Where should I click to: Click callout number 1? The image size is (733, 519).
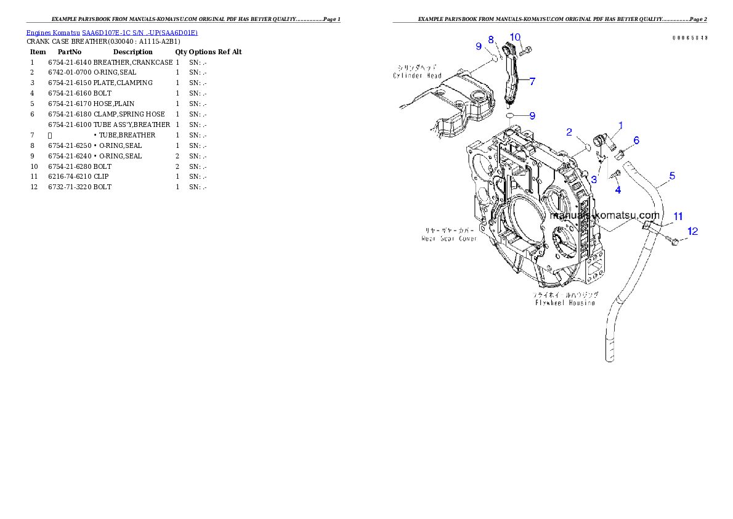(x=620, y=126)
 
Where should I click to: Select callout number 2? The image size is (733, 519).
(x=569, y=132)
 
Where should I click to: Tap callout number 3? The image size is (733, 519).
(x=594, y=180)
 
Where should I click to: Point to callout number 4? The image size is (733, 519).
(x=618, y=190)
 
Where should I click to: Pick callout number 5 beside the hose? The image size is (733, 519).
(x=672, y=176)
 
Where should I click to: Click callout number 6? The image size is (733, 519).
(x=636, y=141)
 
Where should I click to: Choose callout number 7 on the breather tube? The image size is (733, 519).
(x=532, y=81)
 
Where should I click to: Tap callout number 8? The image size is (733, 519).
(x=491, y=39)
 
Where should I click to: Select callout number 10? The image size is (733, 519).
(x=516, y=37)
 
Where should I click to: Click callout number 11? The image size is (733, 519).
(x=678, y=216)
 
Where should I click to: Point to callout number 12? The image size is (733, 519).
(x=693, y=232)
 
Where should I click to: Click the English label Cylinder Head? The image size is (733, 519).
(x=418, y=76)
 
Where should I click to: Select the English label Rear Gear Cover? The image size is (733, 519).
(x=449, y=238)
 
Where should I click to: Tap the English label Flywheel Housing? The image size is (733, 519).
(x=565, y=303)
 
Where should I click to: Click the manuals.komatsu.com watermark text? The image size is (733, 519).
(x=605, y=216)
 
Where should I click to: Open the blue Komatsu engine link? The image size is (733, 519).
(x=111, y=32)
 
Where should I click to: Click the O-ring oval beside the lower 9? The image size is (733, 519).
(x=511, y=115)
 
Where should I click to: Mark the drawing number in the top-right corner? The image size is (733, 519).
(x=689, y=38)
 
